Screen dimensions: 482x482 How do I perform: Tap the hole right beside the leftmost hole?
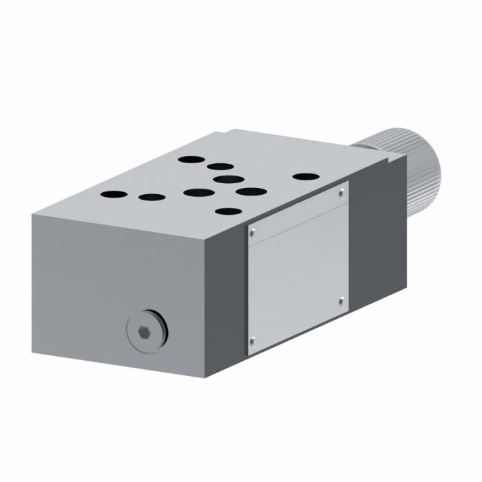tap(151, 198)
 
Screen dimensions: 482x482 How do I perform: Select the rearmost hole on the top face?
tap(189, 159)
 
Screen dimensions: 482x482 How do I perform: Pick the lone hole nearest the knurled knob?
tap(302, 177)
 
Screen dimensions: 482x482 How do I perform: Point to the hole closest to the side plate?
tap(227, 211)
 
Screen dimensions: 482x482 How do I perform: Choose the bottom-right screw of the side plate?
tap(342, 300)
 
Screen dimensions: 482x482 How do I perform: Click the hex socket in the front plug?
tap(142, 333)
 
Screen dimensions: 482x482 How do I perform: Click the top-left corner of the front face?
tap(32, 213)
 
